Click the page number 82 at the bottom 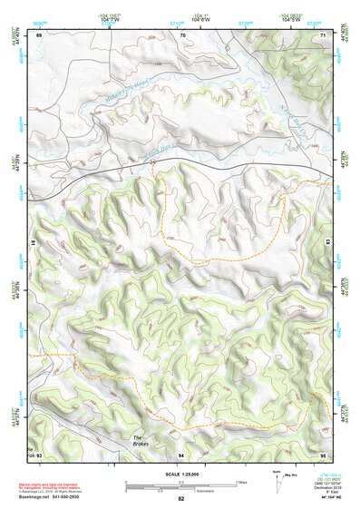(x=180, y=500)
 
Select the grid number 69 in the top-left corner (x=39, y=35)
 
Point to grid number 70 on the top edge (x=183, y=35)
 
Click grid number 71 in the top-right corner (x=324, y=35)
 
